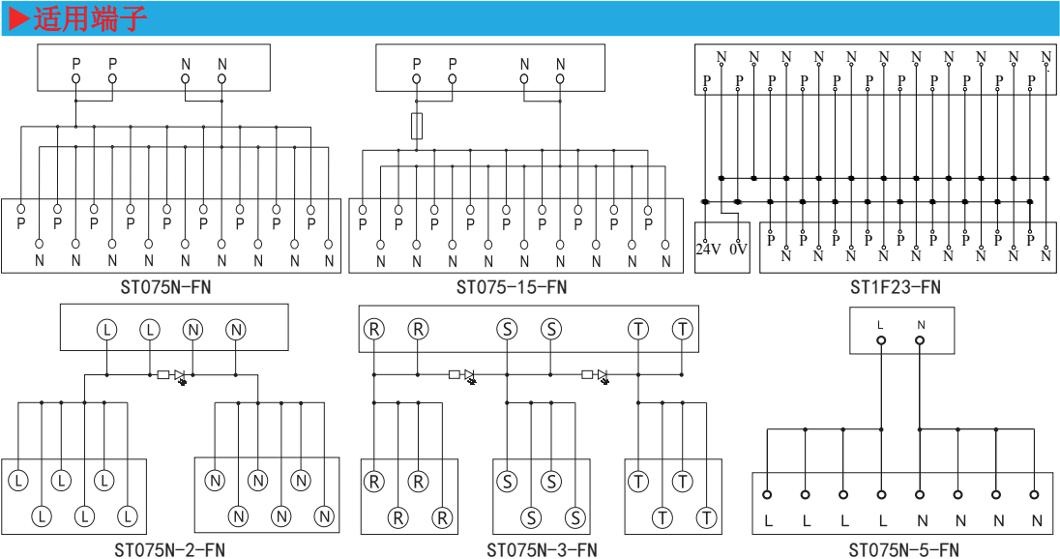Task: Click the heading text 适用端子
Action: (x=90, y=19)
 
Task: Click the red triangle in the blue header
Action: (x=20, y=19)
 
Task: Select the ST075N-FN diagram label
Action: (x=165, y=287)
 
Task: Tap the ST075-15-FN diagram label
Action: (x=512, y=287)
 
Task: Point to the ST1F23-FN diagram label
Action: (x=895, y=287)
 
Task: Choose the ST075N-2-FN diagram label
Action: (x=169, y=549)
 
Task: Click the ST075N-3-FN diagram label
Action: (x=543, y=549)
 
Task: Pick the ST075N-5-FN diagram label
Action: (x=904, y=549)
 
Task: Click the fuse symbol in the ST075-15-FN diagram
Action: (x=417, y=126)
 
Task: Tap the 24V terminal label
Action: (x=709, y=250)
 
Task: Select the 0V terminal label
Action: (x=738, y=250)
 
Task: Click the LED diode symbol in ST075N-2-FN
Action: (x=180, y=376)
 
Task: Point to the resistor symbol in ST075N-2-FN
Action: (x=162, y=374)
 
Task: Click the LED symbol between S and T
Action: (x=603, y=376)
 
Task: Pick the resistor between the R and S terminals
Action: (x=455, y=374)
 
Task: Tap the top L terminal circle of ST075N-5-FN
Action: (x=881, y=340)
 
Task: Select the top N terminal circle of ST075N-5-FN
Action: (x=920, y=340)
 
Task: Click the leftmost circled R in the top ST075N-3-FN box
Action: (x=374, y=329)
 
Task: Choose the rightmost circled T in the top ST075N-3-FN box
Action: (x=683, y=329)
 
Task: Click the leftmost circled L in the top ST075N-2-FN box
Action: (x=106, y=330)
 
